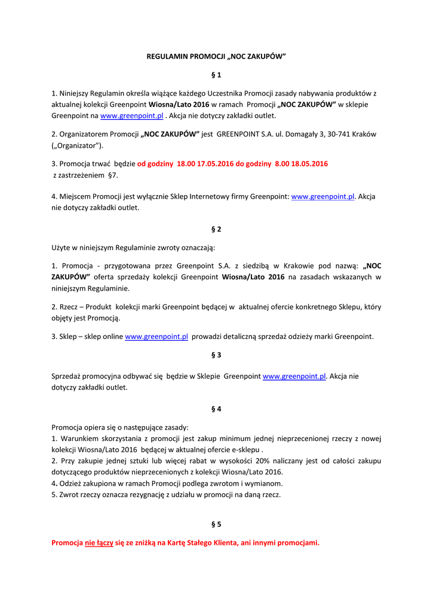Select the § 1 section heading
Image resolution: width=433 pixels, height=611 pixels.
tap(216, 75)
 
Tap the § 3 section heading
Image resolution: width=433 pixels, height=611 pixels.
tap(216, 355)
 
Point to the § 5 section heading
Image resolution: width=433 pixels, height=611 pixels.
tap(216, 524)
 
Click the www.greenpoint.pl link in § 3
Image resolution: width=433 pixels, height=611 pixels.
tap(294, 377)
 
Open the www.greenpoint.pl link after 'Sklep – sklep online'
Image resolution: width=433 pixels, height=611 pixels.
tap(156, 337)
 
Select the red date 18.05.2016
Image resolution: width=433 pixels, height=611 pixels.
tap(309, 163)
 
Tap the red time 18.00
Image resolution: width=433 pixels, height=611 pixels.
tap(186, 163)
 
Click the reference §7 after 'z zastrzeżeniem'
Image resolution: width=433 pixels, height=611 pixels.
tap(112, 175)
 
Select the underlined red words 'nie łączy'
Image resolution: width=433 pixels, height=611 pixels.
tap(99, 543)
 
